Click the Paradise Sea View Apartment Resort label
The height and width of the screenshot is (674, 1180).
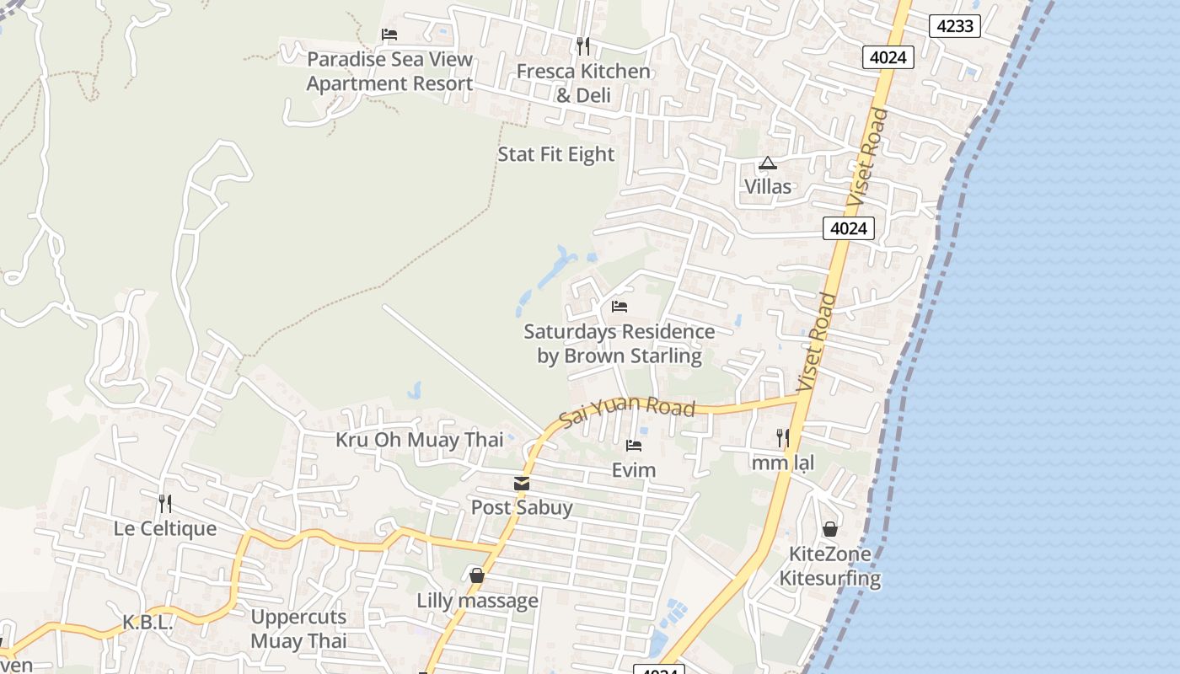[389, 72]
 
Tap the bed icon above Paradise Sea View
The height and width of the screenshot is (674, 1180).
[389, 35]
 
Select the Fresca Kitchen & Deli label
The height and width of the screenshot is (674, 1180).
[583, 83]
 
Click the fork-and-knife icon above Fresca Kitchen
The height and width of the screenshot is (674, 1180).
[582, 45]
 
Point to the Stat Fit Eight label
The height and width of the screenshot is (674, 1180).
[556, 154]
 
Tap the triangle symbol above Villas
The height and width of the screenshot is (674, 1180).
[767, 163]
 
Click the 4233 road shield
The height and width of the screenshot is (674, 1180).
[956, 26]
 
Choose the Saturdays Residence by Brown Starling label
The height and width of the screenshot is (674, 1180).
[619, 344]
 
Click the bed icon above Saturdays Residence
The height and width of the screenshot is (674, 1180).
[619, 306]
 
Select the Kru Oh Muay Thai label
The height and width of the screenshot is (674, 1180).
[420, 440]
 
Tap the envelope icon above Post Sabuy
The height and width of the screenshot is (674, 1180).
[522, 484]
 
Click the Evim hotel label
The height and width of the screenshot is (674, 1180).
[634, 470]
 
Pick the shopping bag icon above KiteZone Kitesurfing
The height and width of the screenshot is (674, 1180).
[830, 529]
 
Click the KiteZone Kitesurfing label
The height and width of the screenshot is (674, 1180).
[830, 566]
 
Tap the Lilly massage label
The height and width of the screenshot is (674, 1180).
[477, 601]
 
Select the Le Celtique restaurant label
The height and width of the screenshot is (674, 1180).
[165, 529]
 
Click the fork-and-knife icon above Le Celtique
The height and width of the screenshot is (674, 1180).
[165, 504]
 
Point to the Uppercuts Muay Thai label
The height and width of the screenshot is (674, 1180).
[298, 629]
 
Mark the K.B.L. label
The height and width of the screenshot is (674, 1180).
[147, 623]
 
